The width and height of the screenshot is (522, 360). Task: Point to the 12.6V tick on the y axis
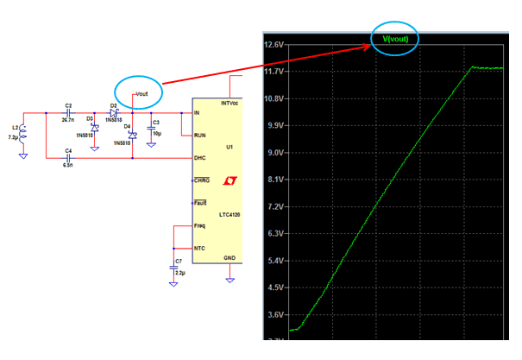(276, 45)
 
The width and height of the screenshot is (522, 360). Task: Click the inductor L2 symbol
(23, 133)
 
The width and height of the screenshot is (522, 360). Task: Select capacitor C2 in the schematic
(68, 113)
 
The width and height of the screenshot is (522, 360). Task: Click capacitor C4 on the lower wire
(68, 158)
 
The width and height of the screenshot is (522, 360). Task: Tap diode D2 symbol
(114, 113)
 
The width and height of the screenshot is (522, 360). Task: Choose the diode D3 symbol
(94, 126)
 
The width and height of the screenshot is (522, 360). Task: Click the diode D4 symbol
(132, 136)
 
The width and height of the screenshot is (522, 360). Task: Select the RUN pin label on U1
(199, 136)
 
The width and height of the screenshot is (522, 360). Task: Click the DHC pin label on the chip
(199, 158)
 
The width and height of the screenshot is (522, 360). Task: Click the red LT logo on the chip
(230, 182)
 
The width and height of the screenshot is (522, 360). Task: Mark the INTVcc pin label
(229, 103)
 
